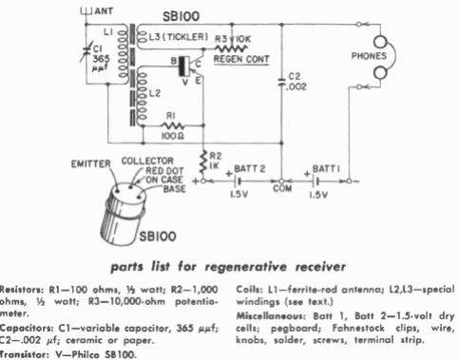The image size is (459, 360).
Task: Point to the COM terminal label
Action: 279,187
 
